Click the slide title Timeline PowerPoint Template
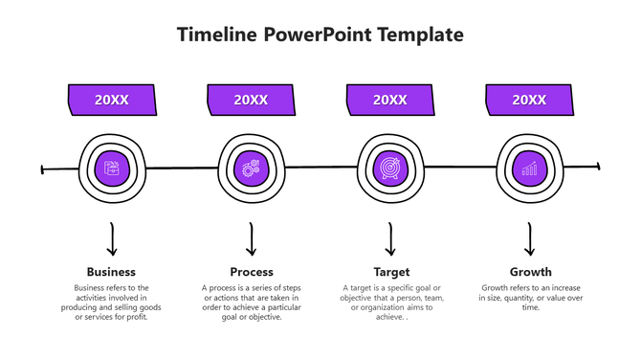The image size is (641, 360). click(x=320, y=34)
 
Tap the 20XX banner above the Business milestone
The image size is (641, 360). click(x=112, y=100)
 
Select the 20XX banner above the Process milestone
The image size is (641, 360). click(x=252, y=100)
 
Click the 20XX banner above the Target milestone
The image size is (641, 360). click(x=390, y=100)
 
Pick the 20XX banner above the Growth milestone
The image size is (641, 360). click(x=529, y=100)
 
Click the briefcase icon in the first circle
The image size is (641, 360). click(x=112, y=169)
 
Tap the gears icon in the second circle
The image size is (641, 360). click(x=252, y=169)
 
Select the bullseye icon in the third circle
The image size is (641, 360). click(x=390, y=169)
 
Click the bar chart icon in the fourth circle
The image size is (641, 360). click(x=529, y=169)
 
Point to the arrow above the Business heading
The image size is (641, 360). click(x=112, y=239)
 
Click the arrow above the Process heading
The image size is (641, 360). click(x=252, y=239)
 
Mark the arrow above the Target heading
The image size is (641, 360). click(x=390, y=239)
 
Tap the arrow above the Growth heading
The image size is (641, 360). click(x=529, y=239)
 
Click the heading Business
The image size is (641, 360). click(x=112, y=272)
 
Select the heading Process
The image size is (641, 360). click(x=252, y=272)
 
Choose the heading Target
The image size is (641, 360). click(x=390, y=272)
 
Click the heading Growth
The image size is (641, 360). click(x=530, y=272)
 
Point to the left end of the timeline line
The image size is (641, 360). click(x=43, y=170)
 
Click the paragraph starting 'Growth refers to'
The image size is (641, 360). click(x=530, y=297)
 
